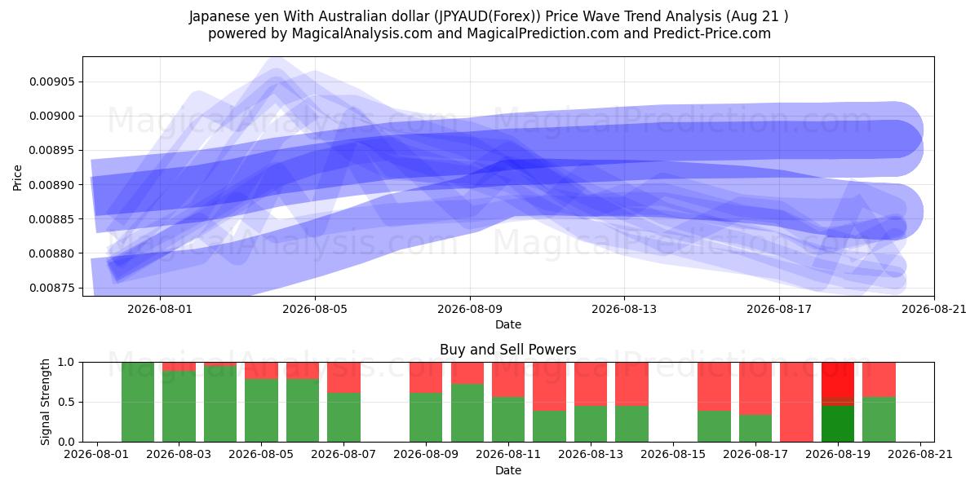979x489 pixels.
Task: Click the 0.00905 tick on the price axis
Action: click(x=52, y=81)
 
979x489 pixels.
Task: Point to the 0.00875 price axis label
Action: click(x=52, y=288)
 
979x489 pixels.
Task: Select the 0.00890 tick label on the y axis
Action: click(x=52, y=185)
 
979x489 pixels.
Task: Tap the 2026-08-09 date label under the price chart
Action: click(x=470, y=309)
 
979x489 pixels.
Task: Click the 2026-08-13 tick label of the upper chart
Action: click(x=624, y=309)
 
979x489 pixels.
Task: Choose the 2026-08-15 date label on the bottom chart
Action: click(x=673, y=454)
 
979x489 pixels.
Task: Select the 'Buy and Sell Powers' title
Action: click(x=507, y=350)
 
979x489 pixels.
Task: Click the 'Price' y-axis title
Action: click(x=17, y=178)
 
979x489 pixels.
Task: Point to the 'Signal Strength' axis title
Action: click(x=45, y=402)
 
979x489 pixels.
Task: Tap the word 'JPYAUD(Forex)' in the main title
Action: click(x=487, y=16)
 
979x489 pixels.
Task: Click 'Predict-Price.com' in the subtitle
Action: click(x=712, y=33)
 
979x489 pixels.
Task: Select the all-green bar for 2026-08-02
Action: click(x=138, y=402)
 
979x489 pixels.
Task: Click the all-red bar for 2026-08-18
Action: click(x=796, y=402)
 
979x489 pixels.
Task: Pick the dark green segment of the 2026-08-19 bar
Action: click(x=838, y=424)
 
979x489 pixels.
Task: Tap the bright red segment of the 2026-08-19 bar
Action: click(x=838, y=380)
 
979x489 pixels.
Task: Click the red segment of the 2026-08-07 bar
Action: click(x=344, y=377)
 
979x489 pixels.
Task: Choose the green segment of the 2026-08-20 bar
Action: click(x=879, y=420)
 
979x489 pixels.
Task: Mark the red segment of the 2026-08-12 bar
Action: click(x=549, y=386)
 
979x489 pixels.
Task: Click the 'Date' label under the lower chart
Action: click(x=507, y=470)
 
